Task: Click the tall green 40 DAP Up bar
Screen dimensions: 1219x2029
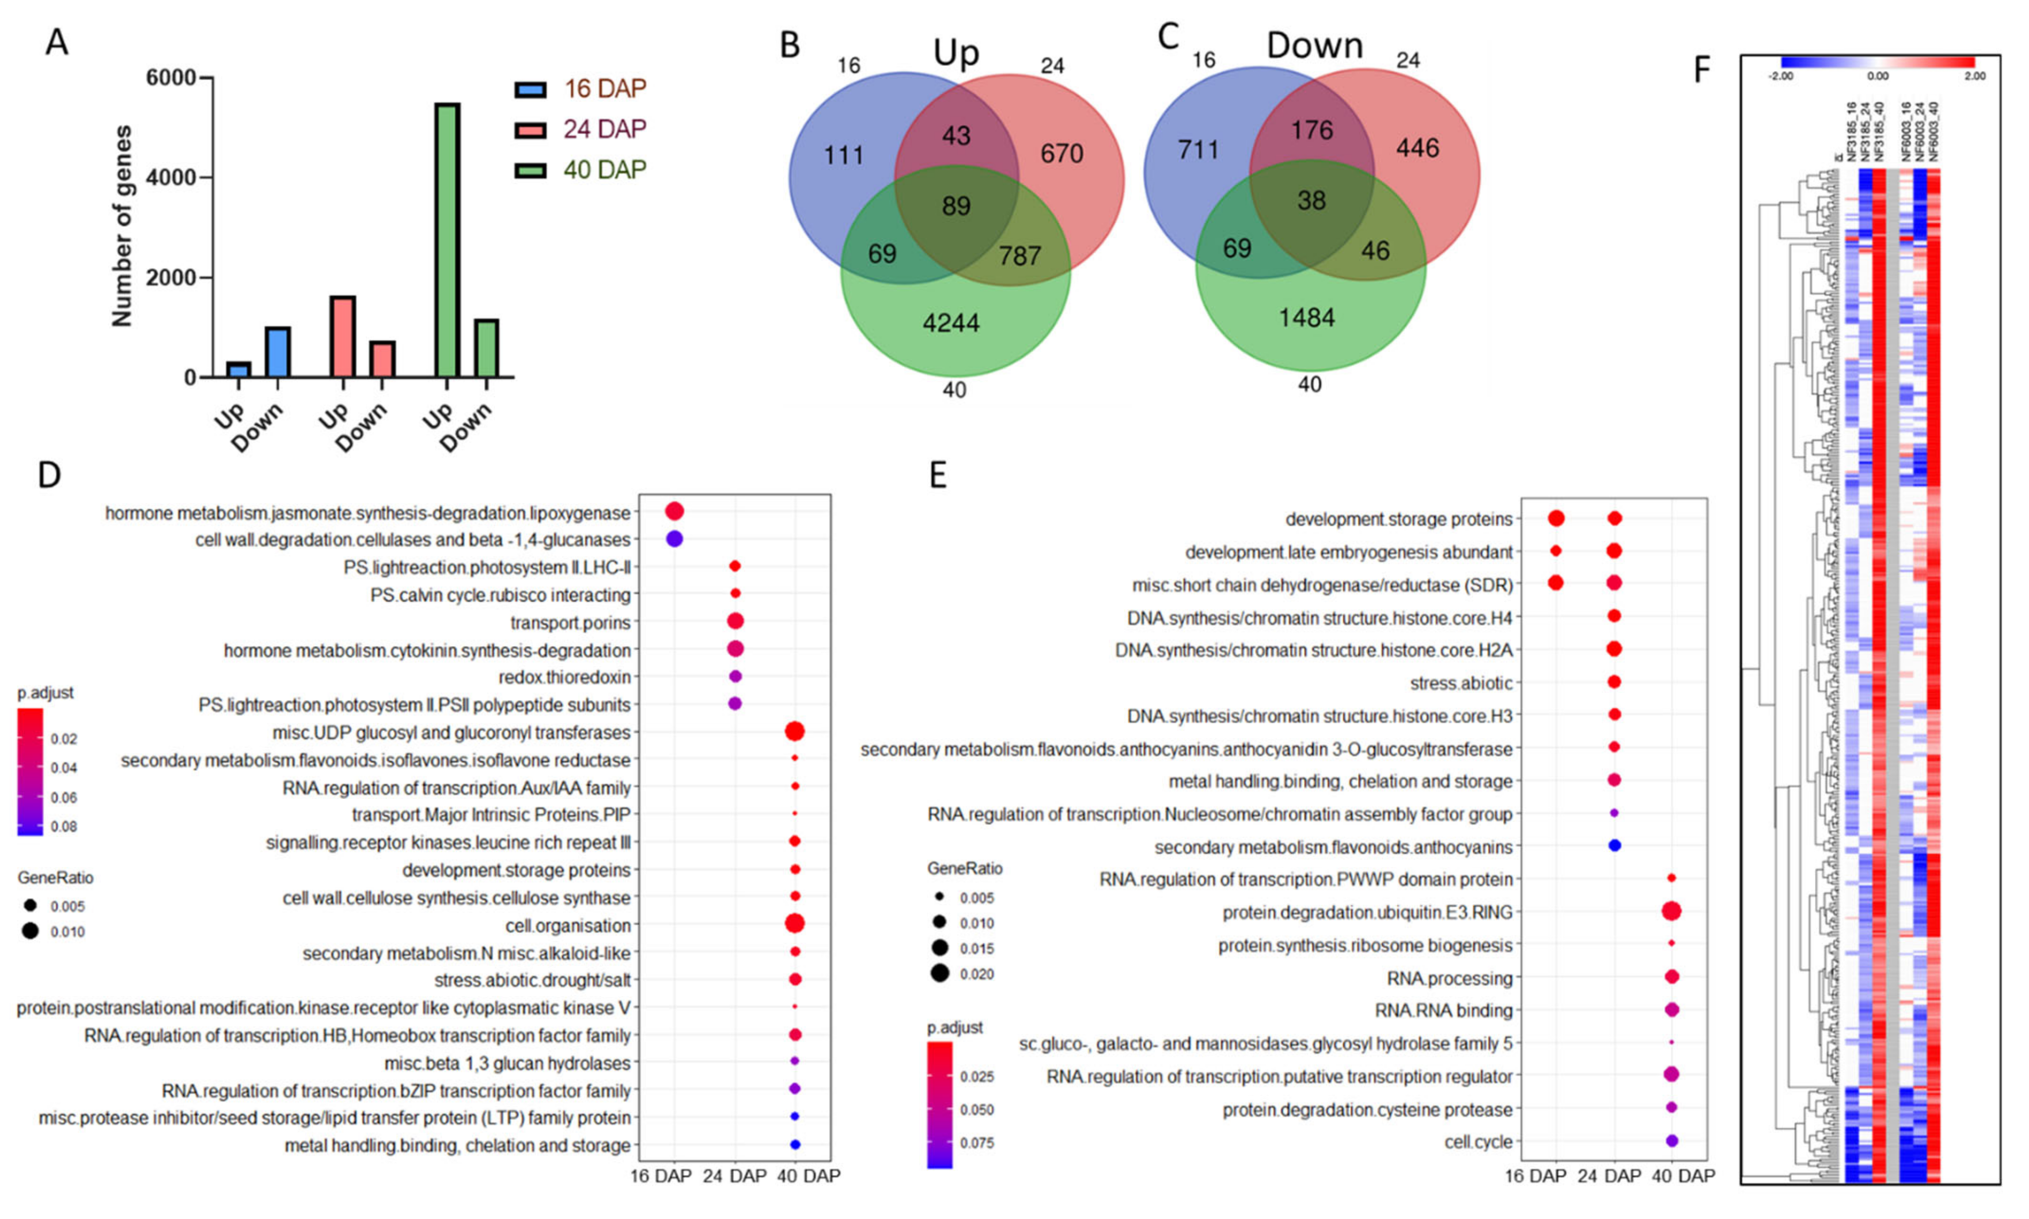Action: click(x=447, y=240)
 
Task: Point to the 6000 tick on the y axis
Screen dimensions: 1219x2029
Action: click(x=171, y=78)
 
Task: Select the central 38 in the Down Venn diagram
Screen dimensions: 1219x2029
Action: click(x=1311, y=200)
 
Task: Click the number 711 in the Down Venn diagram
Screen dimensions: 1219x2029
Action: click(x=1198, y=150)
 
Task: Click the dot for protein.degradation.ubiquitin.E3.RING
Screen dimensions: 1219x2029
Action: click(x=1671, y=911)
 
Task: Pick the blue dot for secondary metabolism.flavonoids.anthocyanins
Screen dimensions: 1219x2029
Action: click(x=1614, y=845)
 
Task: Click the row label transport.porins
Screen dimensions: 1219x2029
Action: click(x=570, y=623)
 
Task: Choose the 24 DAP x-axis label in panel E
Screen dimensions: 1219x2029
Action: click(x=1608, y=1176)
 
